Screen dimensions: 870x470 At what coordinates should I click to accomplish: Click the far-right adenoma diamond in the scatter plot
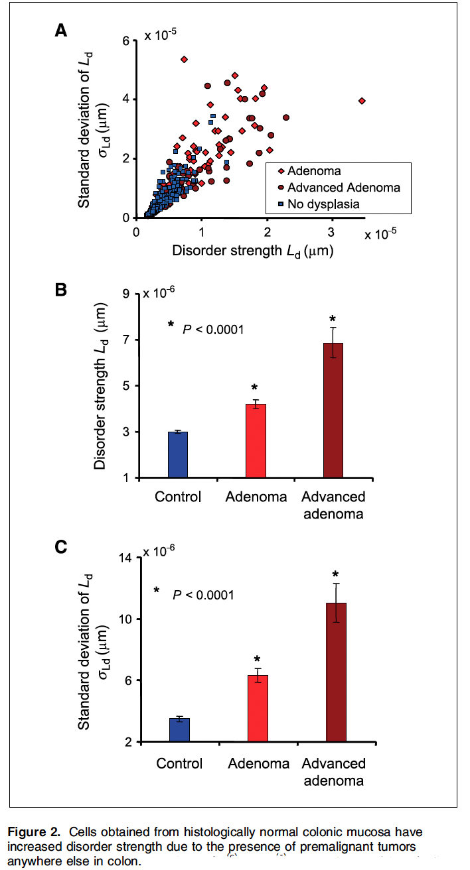pyautogui.click(x=362, y=101)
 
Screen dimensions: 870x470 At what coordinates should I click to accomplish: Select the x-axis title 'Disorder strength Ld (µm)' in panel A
pyautogui.click(x=252, y=251)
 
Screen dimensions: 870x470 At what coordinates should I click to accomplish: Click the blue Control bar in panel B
pyautogui.click(x=178, y=454)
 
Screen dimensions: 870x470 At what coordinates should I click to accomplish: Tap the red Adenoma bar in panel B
pyautogui.click(x=256, y=440)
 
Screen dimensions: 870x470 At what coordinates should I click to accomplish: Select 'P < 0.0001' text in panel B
pyautogui.click(x=212, y=327)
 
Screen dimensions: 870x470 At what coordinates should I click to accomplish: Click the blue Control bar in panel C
pyautogui.click(x=180, y=729)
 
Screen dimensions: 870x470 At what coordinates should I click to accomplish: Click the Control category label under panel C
pyautogui.click(x=179, y=763)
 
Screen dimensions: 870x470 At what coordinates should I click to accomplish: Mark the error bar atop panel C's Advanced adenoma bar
pyautogui.click(x=336, y=602)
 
